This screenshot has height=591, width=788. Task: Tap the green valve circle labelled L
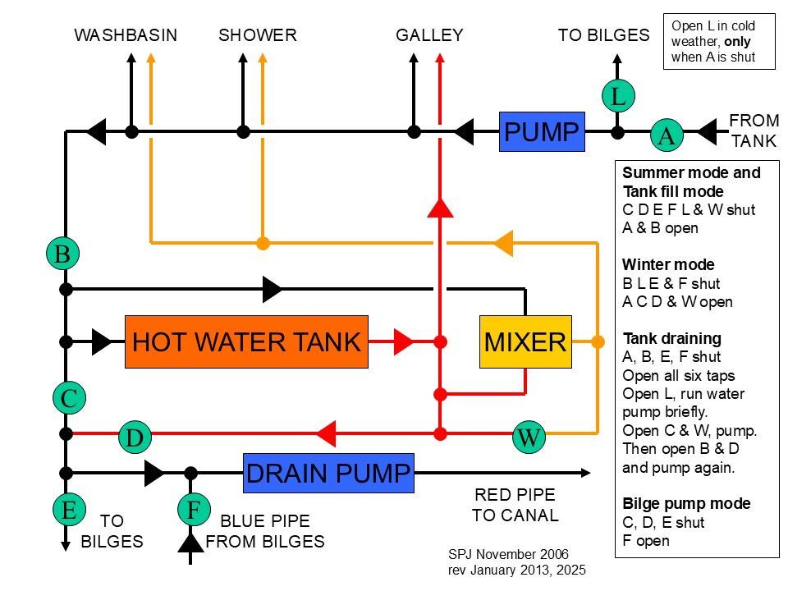click(618, 96)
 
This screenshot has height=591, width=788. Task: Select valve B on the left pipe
click(62, 254)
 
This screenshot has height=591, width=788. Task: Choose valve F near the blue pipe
click(194, 510)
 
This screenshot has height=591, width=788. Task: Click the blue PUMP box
click(542, 131)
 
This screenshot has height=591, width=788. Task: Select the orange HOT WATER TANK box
click(246, 341)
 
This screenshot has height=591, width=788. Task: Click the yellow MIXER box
click(525, 341)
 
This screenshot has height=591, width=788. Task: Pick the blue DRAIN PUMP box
click(328, 473)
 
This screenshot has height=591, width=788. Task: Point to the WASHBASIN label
click(126, 35)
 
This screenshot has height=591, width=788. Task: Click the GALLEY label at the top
click(429, 35)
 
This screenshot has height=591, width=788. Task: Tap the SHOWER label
click(258, 35)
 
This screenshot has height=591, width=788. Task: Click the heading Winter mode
click(668, 265)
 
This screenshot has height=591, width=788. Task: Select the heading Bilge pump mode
click(686, 503)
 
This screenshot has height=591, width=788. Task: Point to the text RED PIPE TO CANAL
click(515, 505)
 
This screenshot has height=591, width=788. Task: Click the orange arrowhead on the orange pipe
click(502, 243)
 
